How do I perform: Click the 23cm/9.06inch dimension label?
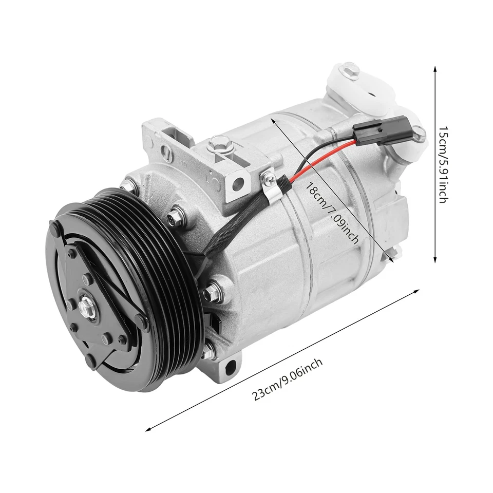tap(288, 380)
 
